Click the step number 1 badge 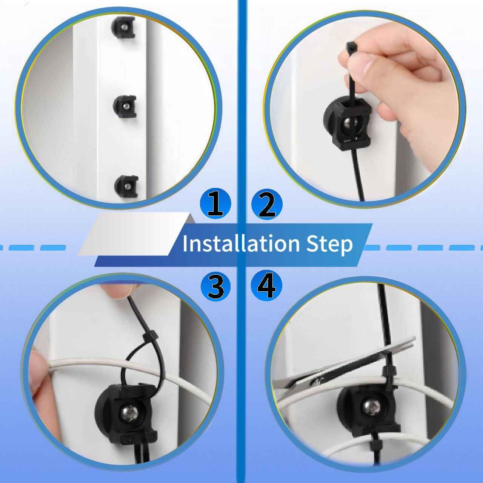point(215,204)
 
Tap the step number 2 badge point(266,204)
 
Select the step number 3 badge point(215,286)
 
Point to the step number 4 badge point(266,286)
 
